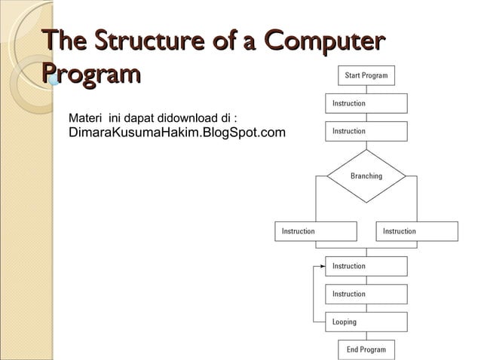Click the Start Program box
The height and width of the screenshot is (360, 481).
[x=366, y=75]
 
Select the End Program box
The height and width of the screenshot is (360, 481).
[x=366, y=349]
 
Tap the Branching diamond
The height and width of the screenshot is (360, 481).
[x=366, y=176]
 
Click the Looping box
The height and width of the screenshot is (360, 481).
[x=366, y=322]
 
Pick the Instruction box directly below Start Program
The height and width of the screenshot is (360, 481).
[x=366, y=103]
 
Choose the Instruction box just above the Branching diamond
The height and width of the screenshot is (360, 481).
[x=366, y=131]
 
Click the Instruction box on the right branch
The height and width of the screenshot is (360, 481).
[x=416, y=231]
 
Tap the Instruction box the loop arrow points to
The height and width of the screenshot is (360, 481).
[x=366, y=266]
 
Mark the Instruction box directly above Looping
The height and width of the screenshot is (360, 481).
[x=366, y=294]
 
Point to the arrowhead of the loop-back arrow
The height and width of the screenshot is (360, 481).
[x=322, y=266]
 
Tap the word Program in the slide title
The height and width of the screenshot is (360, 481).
[x=91, y=75]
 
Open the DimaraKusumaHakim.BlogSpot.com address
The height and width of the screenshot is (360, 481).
[x=177, y=133]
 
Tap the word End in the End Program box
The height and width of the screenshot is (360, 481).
[x=353, y=349]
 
